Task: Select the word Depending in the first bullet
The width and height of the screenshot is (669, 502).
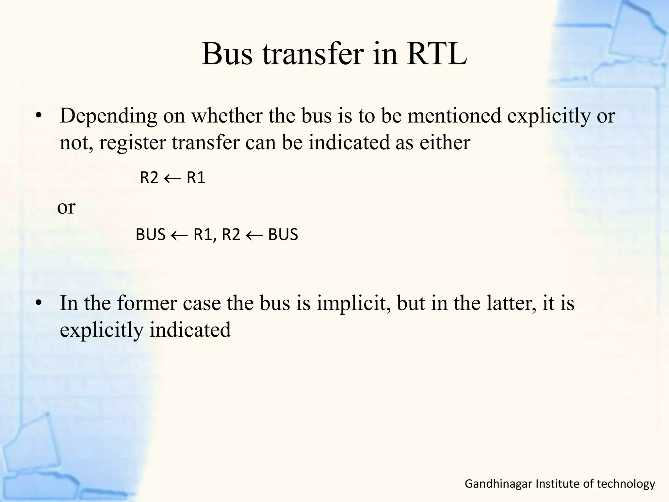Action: coord(108,116)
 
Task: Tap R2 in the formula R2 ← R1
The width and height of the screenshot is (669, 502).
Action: coord(149,178)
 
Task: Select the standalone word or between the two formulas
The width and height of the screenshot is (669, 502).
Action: coord(66,207)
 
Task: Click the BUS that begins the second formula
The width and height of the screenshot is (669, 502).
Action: coord(151,235)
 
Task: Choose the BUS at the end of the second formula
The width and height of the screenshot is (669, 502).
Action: coord(283,235)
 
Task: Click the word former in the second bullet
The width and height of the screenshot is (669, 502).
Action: coord(147,303)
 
